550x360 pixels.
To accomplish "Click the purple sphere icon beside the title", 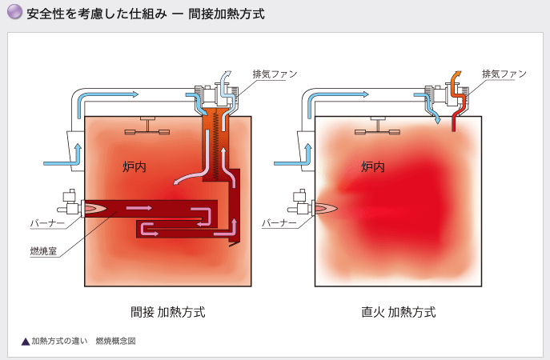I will point(13,14).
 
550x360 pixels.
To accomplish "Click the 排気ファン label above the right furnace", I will point(504,74).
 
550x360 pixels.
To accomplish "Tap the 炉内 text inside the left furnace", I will point(134,166).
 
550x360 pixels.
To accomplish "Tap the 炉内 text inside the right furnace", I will point(372,166).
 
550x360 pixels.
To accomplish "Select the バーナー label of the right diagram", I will point(279,222).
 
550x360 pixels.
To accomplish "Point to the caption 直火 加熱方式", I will point(398,311).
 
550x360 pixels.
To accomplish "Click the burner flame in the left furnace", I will point(96,207).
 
